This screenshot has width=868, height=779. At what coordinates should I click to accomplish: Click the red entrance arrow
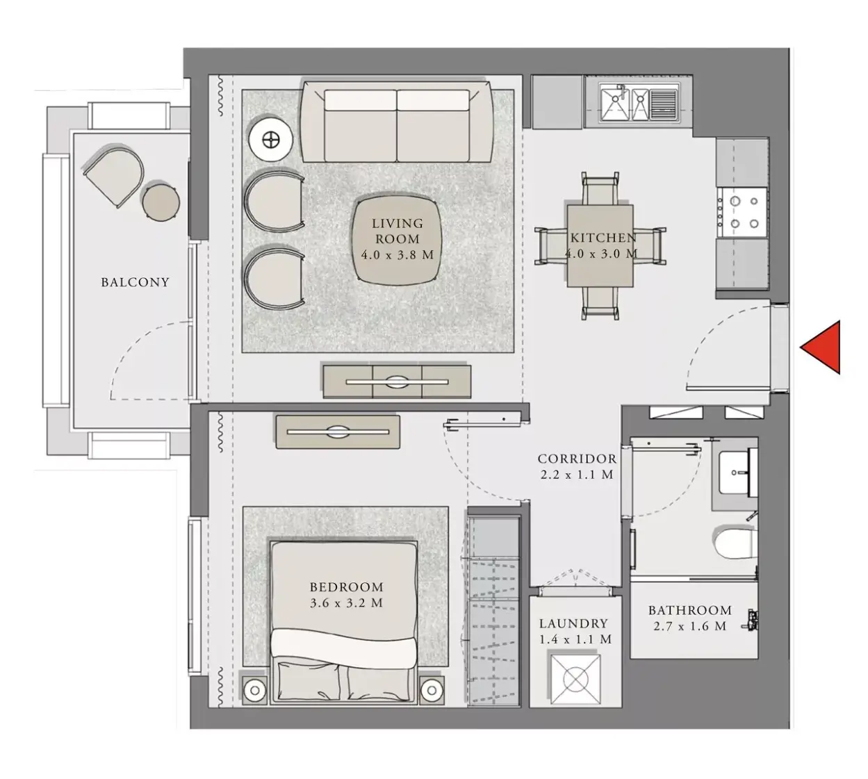824,347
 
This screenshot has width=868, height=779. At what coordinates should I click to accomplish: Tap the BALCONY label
135,282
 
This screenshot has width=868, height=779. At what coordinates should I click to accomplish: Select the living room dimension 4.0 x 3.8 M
397,255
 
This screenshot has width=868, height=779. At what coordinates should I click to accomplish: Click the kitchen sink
639,102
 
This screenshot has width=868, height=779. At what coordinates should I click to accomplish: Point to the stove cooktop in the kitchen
742,213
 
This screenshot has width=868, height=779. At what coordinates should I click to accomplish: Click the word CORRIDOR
577,459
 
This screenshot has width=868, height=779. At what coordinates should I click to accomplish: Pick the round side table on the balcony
161,202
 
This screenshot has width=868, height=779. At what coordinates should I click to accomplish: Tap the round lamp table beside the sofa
271,140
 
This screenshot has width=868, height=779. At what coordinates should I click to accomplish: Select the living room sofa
397,122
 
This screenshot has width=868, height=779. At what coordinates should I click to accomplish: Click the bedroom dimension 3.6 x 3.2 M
346,603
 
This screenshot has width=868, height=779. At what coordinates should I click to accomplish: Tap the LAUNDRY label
573,623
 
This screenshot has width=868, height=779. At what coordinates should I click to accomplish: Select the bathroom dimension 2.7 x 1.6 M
690,626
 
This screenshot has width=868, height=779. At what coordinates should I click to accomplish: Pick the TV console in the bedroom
338,432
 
